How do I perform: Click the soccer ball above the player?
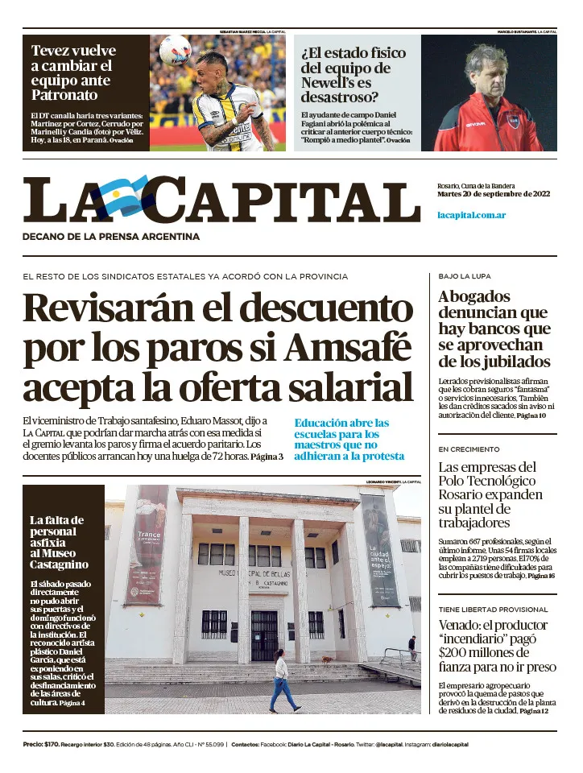[x=175, y=51]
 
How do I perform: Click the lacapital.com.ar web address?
[x=471, y=215]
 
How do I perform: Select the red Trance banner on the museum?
[x=149, y=544]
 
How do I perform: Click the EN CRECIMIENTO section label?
[x=469, y=449]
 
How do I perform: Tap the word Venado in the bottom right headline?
[x=465, y=626]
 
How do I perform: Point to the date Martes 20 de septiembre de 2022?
[x=493, y=194]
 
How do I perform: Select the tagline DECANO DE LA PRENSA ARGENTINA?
[x=111, y=237]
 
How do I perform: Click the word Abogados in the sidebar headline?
[x=474, y=296]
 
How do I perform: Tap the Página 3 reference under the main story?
[x=267, y=457]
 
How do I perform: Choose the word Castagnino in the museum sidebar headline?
[x=59, y=564]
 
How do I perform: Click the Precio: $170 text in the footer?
[x=39, y=745]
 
